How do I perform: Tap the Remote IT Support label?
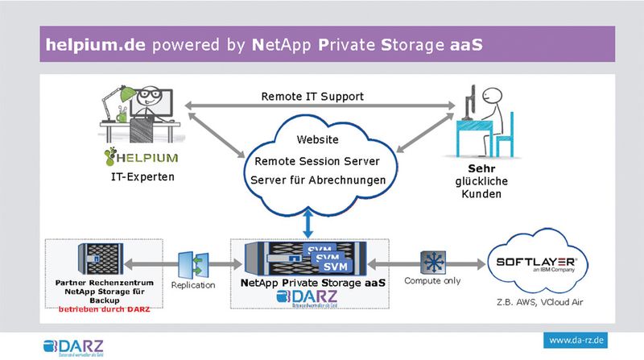tap(312, 96)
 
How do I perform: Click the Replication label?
tap(193, 285)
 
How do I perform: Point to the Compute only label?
tap(432, 281)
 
